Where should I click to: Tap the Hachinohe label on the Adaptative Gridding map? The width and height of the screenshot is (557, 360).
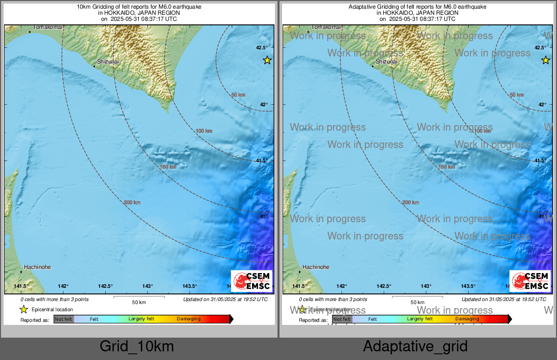pyautogui.click(x=316, y=267)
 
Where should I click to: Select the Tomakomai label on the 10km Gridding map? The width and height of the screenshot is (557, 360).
pyautogui.click(x=48, y=27)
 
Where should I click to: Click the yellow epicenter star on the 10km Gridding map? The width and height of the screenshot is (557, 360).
pyautogui.click(x=267, y=61)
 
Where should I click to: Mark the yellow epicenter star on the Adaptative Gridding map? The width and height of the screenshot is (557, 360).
pyautogui.click(x=546, y=61)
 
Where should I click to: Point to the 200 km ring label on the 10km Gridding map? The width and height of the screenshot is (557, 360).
pyautogui.click(x=132, y=202)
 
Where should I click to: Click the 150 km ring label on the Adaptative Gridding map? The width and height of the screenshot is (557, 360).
pyautogui.click(x=446, y=167)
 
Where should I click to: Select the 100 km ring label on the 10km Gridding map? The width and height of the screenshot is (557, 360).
pyautogui.click(x=204, y=131)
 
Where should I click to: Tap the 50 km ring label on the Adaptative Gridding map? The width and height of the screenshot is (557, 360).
pyautogui.click(x=516, y=95)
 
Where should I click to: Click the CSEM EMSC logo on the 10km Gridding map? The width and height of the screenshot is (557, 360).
pyautogui.click(x=252, y=281)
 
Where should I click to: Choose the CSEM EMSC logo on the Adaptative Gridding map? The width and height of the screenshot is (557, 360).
pyautogui.click(x=531, y=281)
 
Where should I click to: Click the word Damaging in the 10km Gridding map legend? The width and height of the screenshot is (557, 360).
pyautogui.click(x=189, y=319)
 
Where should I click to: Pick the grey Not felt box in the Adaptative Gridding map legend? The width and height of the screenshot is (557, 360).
pyautogui.click(x=342, y=319)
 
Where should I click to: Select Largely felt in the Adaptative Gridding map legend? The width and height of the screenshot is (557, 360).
pyautogui.click(x=420, y=319)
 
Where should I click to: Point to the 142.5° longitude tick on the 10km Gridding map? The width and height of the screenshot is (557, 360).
pyautogui.click(x=105, y=286)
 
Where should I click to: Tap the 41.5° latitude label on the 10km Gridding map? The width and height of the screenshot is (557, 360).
pyautogui.click(x=262, y=161)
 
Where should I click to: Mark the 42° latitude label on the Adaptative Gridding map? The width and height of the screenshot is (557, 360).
pyautogui.click(x=542, y=105)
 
